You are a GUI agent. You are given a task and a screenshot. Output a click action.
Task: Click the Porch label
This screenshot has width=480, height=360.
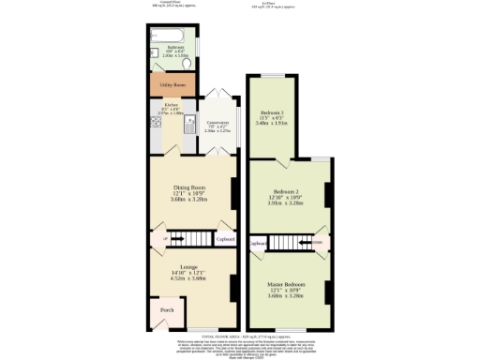pyautogui.click(x=167, y=309)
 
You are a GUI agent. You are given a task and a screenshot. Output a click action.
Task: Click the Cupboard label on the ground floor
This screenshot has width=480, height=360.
pyautogui.click(x=224, y=239)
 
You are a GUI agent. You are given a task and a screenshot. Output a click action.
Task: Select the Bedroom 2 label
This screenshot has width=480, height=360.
pyautogui.click(x=289, y=190)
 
